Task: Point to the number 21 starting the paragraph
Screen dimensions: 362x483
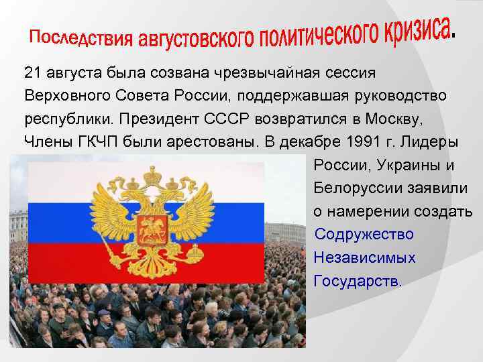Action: tap(30, 72)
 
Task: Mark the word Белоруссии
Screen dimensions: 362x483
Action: tap(356, 189)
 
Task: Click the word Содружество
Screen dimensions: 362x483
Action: tap(364, 235)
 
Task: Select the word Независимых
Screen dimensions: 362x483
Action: tap(364, 258)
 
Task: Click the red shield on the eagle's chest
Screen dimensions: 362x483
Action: tap(152, 229)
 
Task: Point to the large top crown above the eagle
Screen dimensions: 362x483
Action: tap(152, 175)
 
